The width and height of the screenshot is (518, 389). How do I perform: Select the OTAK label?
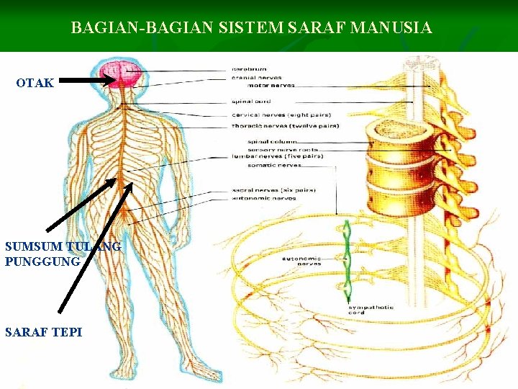(35, 83)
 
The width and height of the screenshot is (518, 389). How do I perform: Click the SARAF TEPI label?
(43, 332)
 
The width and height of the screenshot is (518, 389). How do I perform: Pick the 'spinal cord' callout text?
(251, 101)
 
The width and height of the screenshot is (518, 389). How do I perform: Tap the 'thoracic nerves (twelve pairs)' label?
(285, 126)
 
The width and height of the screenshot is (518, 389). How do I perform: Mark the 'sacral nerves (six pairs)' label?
(273, 190)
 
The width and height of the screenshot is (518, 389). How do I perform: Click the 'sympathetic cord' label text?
(370, 310)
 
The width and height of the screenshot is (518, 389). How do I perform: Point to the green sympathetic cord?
(347, 259)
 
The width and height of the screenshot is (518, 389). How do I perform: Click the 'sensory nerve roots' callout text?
(281, 148)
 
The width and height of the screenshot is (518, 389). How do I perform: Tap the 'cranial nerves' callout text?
(256, 77)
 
